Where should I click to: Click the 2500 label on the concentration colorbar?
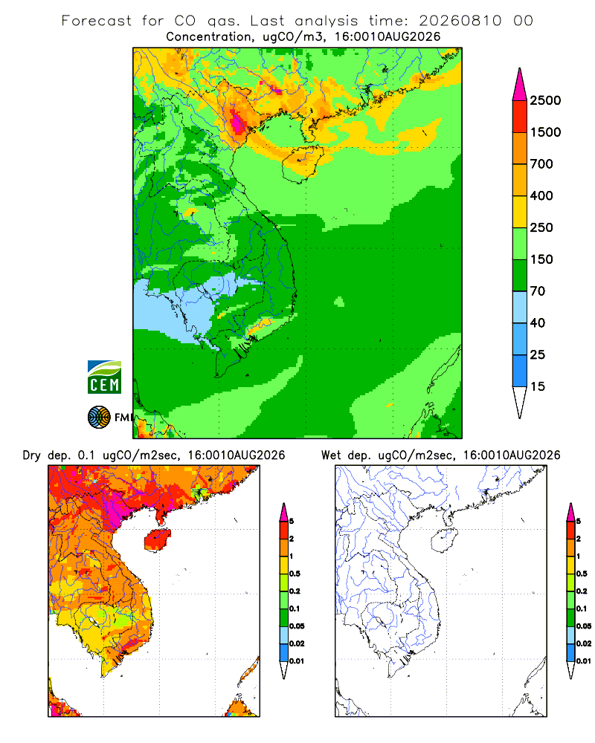[x=545, y=100]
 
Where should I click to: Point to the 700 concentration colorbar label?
[x=541, y=164]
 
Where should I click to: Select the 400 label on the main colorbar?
[x=541, y=195]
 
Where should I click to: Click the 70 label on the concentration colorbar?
[x=538, y=291]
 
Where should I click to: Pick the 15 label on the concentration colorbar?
[x=538, y=386]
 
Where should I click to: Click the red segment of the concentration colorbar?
[x=520, y=117]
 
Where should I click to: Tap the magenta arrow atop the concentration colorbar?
[x=520, y=85]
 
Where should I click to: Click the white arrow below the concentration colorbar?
[x=520, y=402]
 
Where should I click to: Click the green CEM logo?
[x=104, y=377]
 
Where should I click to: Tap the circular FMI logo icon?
[x=99, y=418]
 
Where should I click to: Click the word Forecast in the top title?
[x=97, y=21]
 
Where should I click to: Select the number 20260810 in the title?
[x=460, y=21]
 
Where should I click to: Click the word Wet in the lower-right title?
[x=331, y=455]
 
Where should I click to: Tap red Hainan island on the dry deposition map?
[x=158, y=540]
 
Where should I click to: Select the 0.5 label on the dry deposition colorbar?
[x=295, y=574]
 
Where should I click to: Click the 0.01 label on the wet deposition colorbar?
[x=584, y=661]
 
